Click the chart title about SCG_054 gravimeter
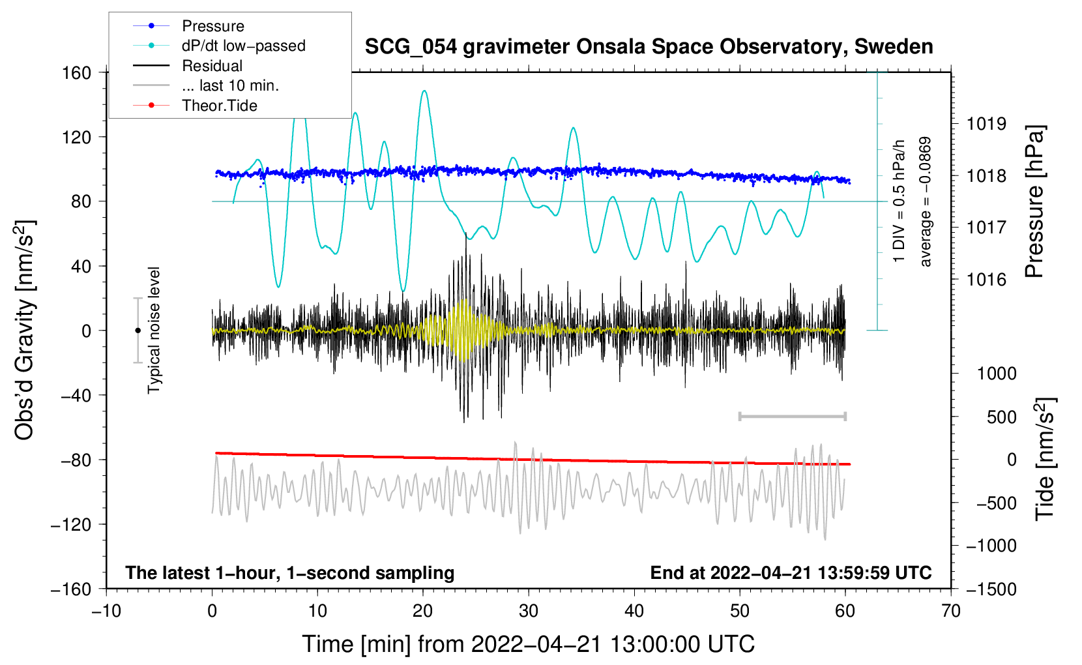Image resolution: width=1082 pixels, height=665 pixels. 649,47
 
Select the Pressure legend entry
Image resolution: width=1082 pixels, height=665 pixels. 213,26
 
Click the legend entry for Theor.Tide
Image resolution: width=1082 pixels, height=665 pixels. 220,106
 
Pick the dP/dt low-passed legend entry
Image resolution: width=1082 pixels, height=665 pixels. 243,46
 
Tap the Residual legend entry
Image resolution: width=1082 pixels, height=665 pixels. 212,66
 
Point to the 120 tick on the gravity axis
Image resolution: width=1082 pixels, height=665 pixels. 77,137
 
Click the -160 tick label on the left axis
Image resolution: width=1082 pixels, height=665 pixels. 71,589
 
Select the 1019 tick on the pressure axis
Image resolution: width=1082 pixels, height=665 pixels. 986,124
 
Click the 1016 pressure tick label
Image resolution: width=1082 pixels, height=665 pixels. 986,280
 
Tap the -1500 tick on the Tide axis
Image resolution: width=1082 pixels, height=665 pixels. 991,589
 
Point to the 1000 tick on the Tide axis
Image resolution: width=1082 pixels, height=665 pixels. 996,374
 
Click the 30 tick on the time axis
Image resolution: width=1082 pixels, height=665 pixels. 529,611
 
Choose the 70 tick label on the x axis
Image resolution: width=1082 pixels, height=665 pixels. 951,611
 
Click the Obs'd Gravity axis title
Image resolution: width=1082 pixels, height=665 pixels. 25,331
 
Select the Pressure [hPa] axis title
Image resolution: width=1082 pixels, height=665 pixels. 1034,202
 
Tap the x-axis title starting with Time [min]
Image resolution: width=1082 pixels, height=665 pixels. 529,644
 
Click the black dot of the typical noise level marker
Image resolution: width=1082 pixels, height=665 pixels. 138,331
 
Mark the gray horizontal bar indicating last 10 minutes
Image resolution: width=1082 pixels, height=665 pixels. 793,416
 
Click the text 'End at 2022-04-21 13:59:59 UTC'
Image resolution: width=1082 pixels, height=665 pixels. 791,573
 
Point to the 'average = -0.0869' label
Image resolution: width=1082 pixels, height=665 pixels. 926,202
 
